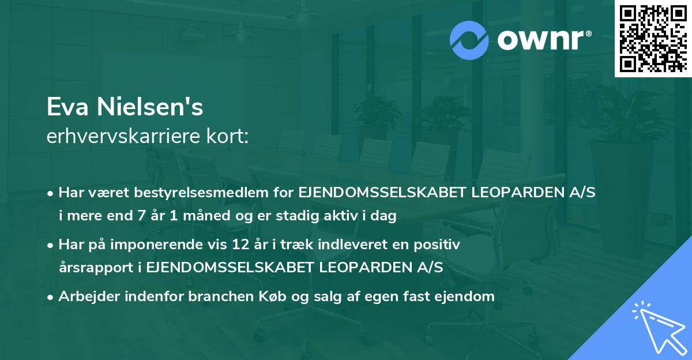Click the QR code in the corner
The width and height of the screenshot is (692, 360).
653,39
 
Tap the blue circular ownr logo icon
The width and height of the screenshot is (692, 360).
469,39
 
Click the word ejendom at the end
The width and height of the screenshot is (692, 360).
469,297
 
